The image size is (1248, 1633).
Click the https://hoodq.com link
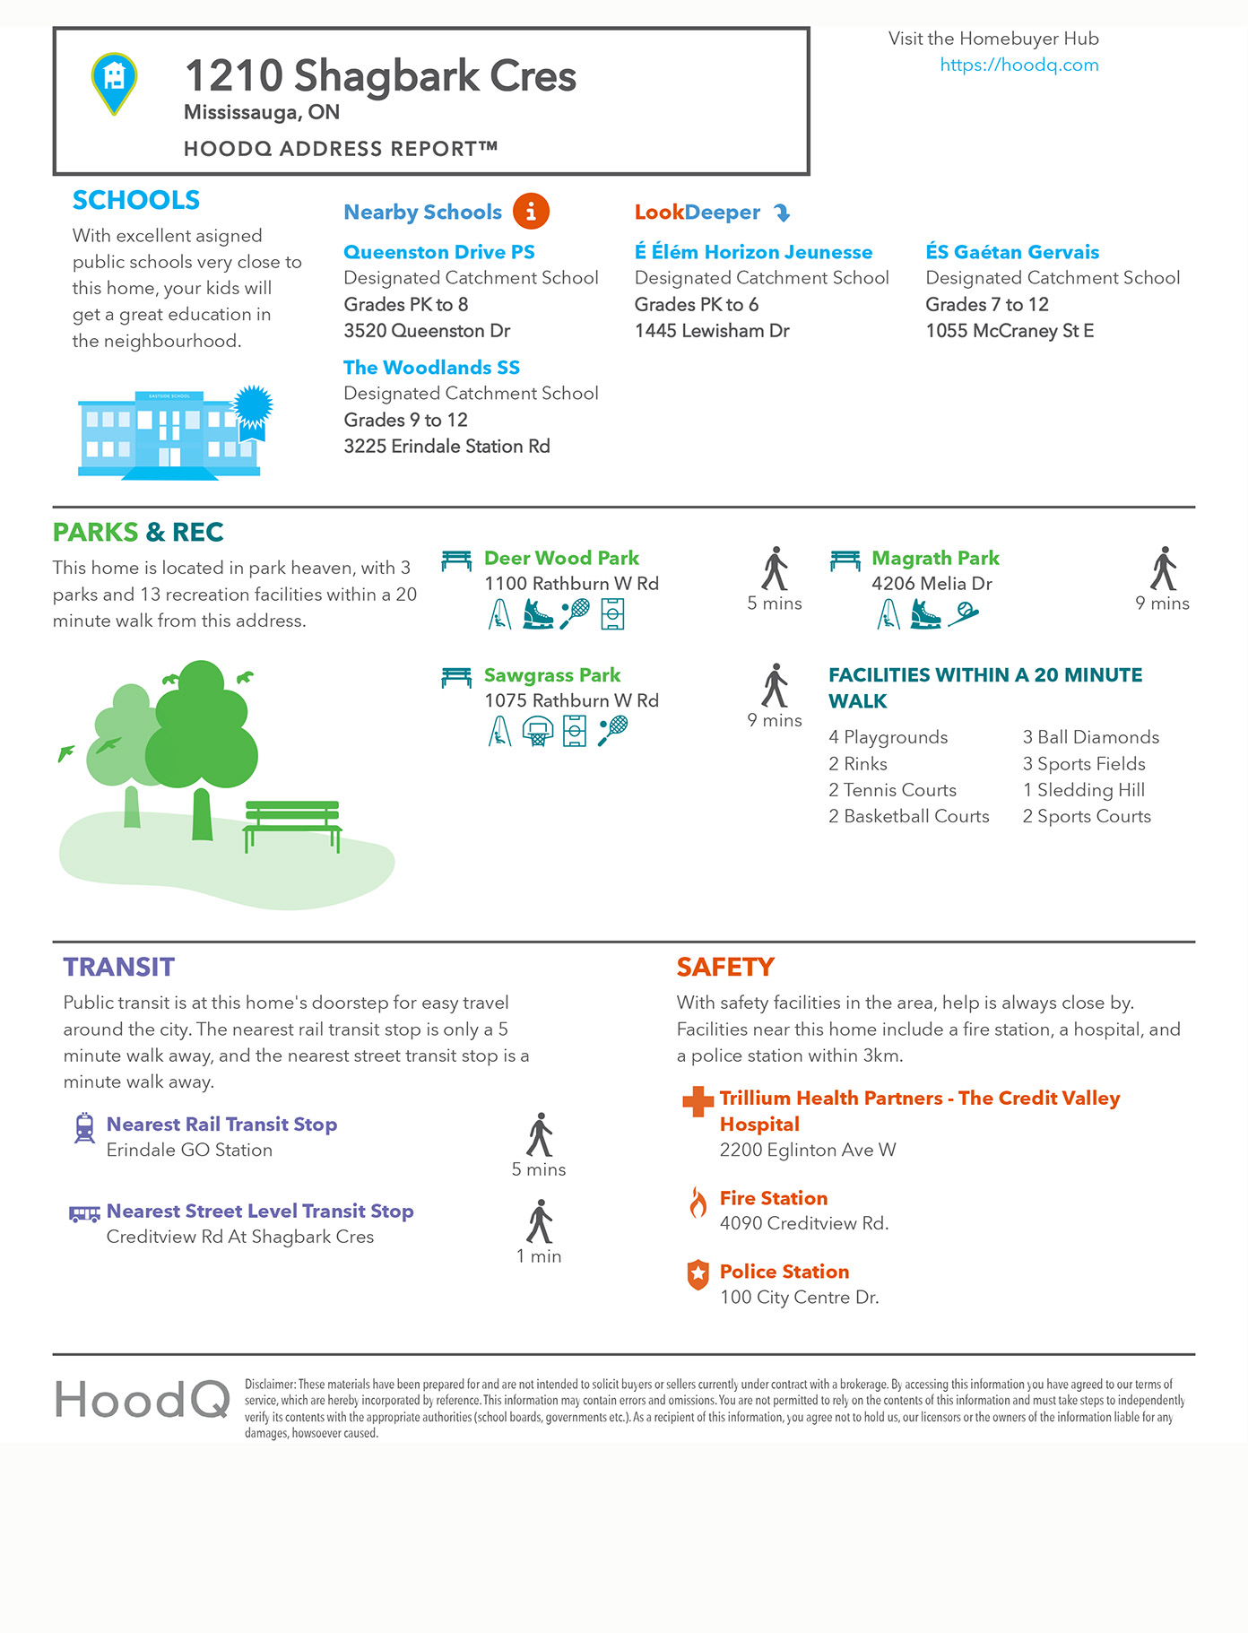[1018, 65]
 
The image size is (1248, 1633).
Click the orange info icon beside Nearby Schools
[531, 212]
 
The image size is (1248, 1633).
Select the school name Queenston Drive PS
[438, 252]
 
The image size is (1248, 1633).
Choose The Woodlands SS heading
[431, 368]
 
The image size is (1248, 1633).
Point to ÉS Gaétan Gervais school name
[1012, 252]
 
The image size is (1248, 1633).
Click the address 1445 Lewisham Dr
[712, 331]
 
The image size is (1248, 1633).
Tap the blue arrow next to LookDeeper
[782, 213]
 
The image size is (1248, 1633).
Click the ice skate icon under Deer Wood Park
[537, 614]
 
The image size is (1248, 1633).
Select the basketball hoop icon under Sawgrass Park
[537, 732]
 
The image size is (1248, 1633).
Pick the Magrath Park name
[935, 558]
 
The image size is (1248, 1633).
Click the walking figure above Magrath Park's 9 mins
[1163, 568]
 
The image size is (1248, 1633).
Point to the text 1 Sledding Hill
[1084, 790]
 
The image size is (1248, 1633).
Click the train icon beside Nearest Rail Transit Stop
[84, 1127]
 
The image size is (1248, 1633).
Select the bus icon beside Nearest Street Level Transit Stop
[84, 1214]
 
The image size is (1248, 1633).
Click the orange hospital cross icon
[698, 1101]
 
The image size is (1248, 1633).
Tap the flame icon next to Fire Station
[698, 1202]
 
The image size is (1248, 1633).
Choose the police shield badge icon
[698, 1274]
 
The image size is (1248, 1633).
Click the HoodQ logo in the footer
[143, 1400]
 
